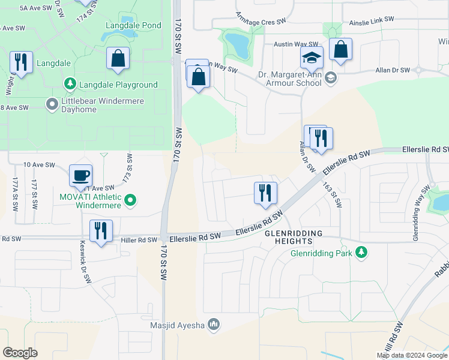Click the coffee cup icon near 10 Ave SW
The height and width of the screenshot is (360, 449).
pos(80,176)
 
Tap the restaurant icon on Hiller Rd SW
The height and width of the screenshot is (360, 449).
pos(100,232)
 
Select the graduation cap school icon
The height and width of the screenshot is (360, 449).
pos(312,58)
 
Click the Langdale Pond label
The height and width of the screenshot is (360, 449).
pos(133,25)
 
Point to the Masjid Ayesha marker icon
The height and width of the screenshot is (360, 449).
pos(214,325)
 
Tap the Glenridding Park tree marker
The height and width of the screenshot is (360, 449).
pos(361,253)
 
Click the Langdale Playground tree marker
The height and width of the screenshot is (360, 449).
pos(70,85)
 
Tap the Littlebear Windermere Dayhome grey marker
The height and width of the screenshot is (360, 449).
pos(52,105)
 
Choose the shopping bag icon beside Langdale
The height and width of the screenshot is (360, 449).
pos(118,59)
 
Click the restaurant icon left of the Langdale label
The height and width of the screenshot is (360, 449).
pos(21,62)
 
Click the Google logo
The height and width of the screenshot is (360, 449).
pos(20,352)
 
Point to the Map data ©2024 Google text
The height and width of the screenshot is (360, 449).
pos(412,355)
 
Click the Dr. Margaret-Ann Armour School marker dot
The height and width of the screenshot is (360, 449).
pos(330,79)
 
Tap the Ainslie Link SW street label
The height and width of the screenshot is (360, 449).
pos(372,19)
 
